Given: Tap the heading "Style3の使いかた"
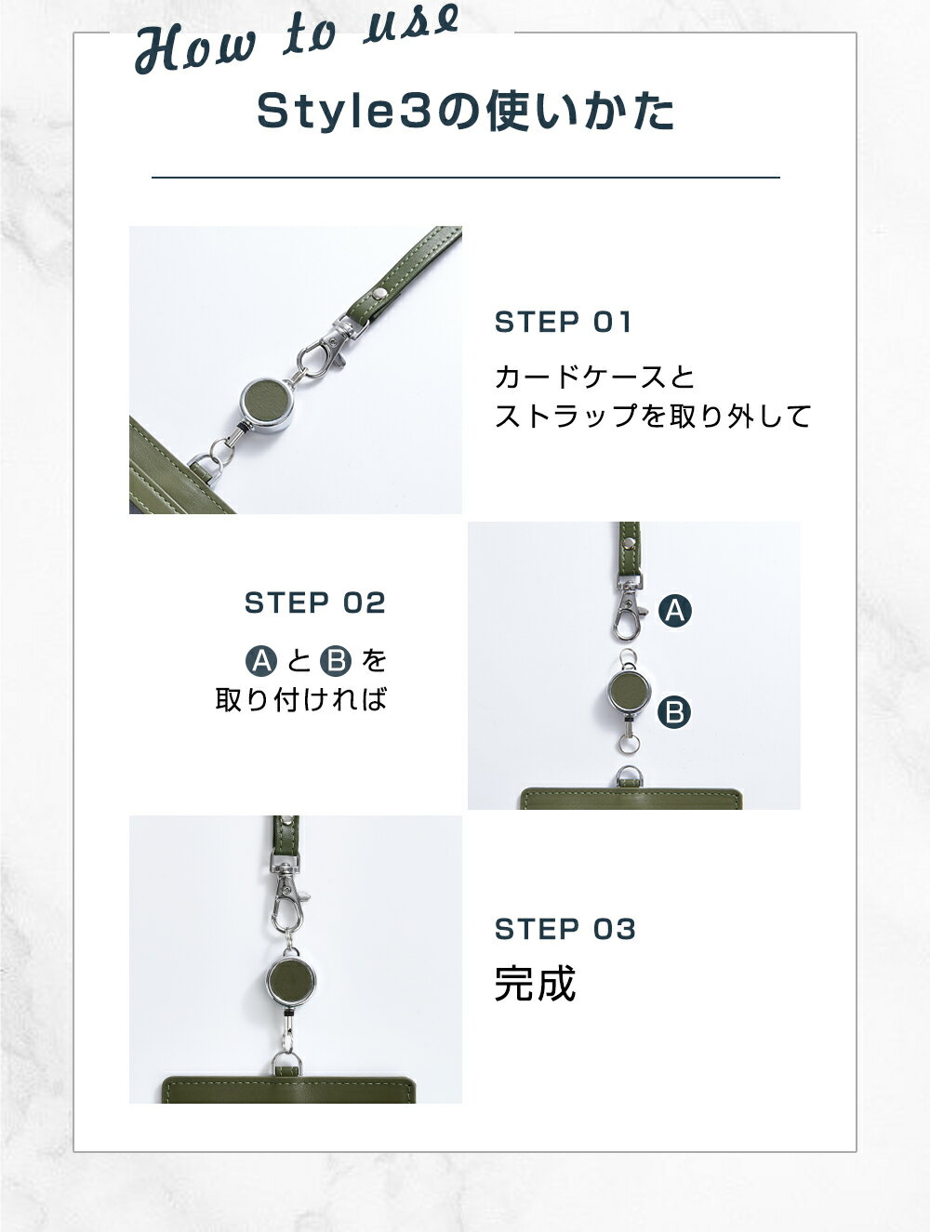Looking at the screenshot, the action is pos(465,112).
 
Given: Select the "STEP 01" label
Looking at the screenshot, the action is pos(563,322).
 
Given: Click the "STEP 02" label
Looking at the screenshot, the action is pos(315,603).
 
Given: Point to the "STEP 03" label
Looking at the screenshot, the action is pos(565,929).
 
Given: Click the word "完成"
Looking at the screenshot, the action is pos(535,984).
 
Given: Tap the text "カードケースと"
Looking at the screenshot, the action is pos(595,377).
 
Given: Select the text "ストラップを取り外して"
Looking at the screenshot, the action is pos(653,416).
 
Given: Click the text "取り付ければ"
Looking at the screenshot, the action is pos(301,699).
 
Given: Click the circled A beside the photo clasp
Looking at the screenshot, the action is pos(674,611).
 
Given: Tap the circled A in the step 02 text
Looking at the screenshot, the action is pos(261,660).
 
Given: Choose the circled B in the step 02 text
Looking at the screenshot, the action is pos(336,660).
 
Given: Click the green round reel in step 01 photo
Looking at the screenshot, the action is pos(267,403).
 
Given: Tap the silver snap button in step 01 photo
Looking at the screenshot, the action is pos(380,292).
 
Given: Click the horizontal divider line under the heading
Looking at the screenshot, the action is pos(465,178).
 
